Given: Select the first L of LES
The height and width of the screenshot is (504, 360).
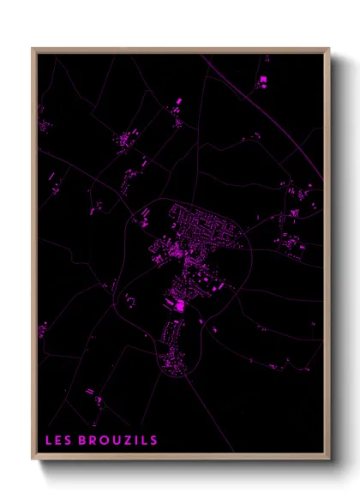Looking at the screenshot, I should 49,441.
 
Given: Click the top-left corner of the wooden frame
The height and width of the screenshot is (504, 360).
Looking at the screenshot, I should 33,49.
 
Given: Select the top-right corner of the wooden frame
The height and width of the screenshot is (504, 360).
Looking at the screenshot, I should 329,49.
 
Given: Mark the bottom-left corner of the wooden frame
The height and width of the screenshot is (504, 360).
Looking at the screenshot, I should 33,460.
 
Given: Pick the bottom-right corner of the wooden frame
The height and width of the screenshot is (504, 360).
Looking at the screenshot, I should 329,460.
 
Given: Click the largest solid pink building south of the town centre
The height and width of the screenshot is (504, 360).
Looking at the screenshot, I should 180,305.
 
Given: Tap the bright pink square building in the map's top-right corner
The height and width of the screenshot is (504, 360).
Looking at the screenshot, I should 263,80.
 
